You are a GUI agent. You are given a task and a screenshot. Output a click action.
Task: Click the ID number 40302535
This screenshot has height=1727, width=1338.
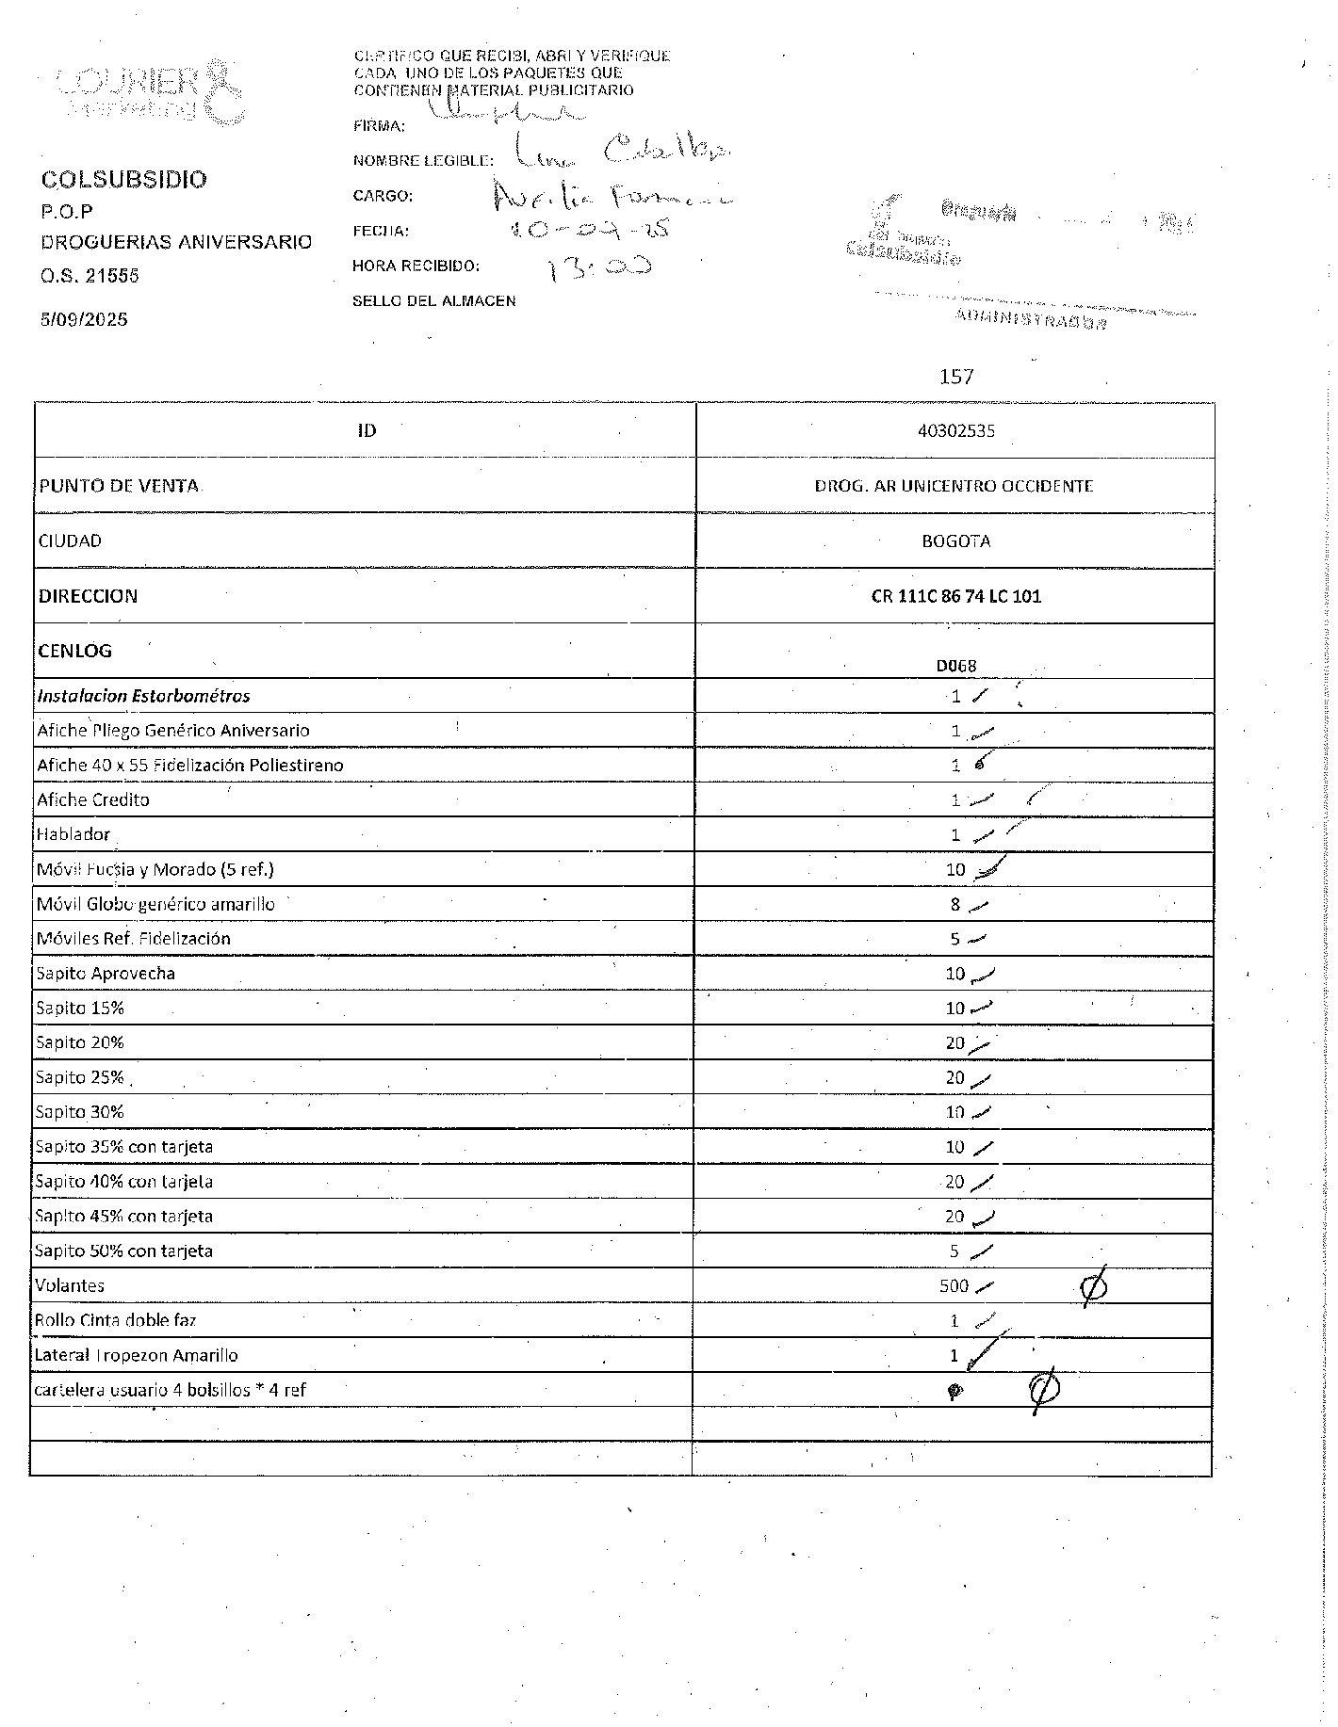(955, 431)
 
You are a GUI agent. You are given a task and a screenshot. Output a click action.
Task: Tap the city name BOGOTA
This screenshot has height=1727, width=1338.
(955, 541)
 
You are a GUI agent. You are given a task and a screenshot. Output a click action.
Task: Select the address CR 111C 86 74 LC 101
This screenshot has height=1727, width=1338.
(955, 596)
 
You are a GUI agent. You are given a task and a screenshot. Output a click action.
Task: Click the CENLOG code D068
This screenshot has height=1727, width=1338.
(955, 666)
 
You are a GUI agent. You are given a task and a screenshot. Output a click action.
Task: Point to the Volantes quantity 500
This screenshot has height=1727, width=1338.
(954, 1286)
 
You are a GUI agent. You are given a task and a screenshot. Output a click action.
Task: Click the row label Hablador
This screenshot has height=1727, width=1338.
(73, 834)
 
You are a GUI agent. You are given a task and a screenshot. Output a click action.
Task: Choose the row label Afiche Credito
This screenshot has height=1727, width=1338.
(93, 799)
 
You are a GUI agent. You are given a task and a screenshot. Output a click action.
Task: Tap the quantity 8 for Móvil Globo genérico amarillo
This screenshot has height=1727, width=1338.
(955, 905)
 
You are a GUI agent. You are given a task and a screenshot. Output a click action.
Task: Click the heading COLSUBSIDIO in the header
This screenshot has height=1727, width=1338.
(123, 180)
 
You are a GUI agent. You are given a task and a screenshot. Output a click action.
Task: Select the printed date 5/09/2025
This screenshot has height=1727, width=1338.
(84, 319)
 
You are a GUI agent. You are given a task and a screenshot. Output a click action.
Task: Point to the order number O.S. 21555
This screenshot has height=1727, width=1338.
(90, 276)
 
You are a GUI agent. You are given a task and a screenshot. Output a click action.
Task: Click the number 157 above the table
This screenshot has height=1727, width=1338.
(955, 377)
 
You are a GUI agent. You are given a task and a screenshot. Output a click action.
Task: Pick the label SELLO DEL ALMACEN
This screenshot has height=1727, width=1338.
(433, 301)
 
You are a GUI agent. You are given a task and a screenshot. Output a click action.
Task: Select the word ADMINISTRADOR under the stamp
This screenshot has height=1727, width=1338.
(1030, 319)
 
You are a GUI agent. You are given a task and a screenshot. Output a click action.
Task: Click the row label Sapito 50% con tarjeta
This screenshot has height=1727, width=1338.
(123, 1251)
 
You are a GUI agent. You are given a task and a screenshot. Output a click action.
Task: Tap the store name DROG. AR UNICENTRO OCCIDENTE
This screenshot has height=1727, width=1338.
(954, 487)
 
